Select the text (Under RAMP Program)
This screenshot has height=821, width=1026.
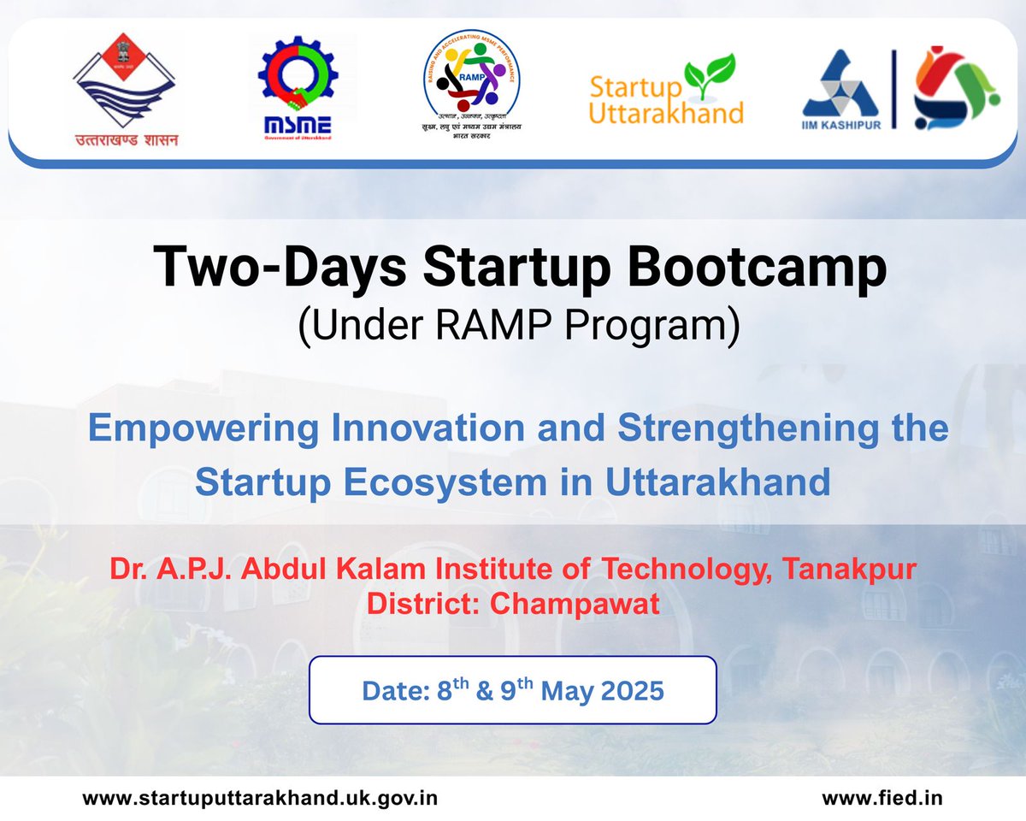coord(517,327)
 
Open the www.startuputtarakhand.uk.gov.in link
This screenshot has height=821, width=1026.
coord(260,798)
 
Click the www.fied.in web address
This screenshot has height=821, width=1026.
coord(882,798)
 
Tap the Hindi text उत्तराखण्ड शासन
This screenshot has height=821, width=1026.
coord(126,139)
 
